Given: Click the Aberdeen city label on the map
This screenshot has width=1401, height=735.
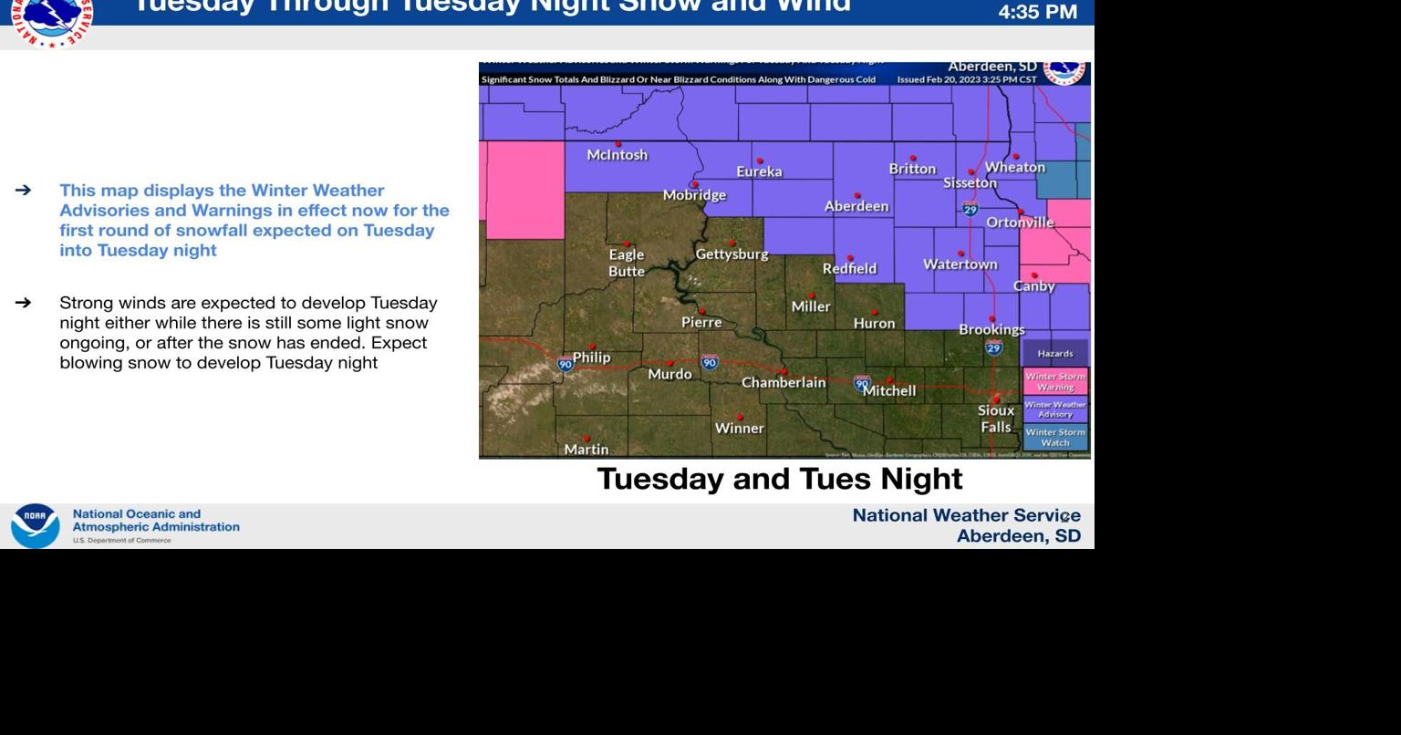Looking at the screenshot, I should pyautogui.click(x=856, y=207).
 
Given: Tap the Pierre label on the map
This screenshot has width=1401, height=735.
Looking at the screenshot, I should pyautogui.click(x=701, y=322).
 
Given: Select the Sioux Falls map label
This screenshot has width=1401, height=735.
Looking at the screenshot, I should pyautogui.click(x=996, y=419).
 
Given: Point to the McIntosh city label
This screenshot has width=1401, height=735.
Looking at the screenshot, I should pyautogui.click(x=617, y=155).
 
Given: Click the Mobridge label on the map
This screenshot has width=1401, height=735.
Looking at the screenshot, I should pyautogui.click(x=694, y=195).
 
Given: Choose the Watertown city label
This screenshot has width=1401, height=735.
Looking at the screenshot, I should pyautogui.click(x=960, y=264).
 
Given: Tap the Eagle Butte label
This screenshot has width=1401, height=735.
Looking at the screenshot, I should pyautogui.click(x=627, y=263).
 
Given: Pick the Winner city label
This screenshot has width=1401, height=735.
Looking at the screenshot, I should pyautogui.click(x=739, y=428).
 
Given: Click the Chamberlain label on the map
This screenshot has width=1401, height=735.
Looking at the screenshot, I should pyautogui.click(x=784, y=383).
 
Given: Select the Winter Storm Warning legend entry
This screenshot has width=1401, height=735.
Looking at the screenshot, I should pyautogui.click(x=1055, y=381).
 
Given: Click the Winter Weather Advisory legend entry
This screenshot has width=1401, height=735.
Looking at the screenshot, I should pyautogui.click(x=1055, y=409).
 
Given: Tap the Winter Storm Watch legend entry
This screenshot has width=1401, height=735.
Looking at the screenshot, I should pyautogui.click(x=1055, y=437).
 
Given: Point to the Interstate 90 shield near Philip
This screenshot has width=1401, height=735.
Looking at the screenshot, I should pyautogui.click(x=566, y=364).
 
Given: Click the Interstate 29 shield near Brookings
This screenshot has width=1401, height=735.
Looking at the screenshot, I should pyautogui.click(x=994, y=347).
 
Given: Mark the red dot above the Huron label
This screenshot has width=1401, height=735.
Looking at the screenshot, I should pyautogui.click(x=875, y=312).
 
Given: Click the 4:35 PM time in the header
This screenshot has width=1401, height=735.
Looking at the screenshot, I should pyautogui.click(x=1037, y=13).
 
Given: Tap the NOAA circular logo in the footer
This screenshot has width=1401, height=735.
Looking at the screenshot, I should pyautogui.click(x=35, y=526).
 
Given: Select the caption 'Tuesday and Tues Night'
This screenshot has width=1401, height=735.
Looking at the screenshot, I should pyautogui.click(x=780, y=479).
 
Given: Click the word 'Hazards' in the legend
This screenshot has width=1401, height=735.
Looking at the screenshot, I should pyautogui.click(x=1055, y=354).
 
